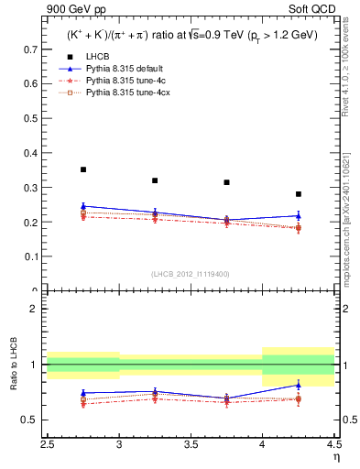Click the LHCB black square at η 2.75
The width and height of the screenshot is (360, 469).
point(83,169)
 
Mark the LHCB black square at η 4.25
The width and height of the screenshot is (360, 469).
point(299,194)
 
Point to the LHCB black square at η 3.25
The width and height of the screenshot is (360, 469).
point(155,180)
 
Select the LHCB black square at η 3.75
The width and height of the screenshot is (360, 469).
point(226,182)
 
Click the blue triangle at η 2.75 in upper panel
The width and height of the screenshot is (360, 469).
point(83,206)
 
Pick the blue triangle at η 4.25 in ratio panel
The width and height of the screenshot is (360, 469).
point(299,385)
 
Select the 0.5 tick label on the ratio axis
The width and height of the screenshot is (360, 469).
point(33,420)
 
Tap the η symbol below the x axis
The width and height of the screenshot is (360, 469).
point(336,455)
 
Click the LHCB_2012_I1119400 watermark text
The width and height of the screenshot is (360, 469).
point(191,274)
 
